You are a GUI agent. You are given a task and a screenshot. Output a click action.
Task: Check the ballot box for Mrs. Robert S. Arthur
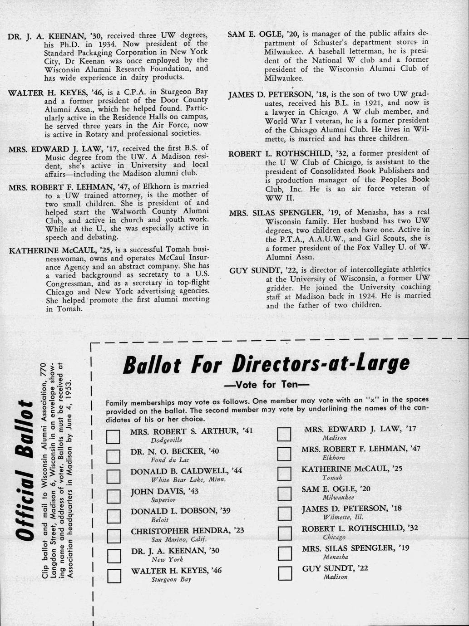point(113,436)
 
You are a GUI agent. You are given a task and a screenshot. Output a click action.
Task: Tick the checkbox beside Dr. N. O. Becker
point(113,456)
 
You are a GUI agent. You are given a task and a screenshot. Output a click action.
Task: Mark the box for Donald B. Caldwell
point(113,476)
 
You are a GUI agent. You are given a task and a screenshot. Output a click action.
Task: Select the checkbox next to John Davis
point(113,496)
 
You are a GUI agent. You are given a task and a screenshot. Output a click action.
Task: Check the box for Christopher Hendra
point(113,536)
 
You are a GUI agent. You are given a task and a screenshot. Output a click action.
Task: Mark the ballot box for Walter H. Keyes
point(113,576)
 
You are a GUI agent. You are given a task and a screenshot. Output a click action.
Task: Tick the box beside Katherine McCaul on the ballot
point(284,473)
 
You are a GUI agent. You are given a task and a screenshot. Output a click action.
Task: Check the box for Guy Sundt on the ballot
point(284,573)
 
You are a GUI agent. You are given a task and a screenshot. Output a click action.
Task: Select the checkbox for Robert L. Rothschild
point(284,533)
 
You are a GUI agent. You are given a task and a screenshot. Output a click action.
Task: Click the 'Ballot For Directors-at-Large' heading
point(267,363)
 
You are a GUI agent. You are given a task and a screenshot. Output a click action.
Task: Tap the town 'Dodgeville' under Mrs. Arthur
point(167,440)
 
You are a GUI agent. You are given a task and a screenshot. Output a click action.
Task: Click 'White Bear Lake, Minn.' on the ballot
point(188,479)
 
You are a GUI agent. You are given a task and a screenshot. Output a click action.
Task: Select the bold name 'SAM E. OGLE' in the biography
point(256,34)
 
